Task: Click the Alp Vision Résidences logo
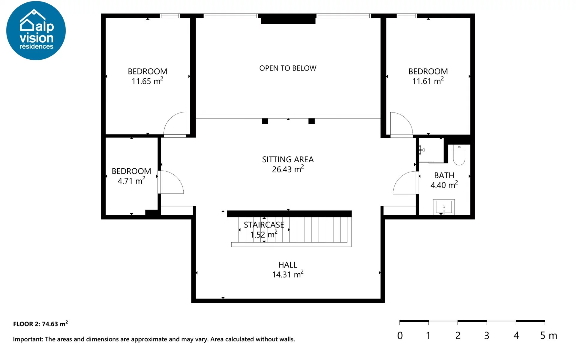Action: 36,30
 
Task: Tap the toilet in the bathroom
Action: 459,155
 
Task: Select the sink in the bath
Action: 444,207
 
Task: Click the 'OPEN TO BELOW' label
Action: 288,68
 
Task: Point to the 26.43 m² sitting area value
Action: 288,169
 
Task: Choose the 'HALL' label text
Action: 288,265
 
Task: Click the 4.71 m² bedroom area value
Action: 131,181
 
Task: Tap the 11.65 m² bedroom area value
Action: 147,81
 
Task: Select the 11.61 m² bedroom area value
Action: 428,81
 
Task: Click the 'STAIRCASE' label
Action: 264,225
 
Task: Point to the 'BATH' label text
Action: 444,175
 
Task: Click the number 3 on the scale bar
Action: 487,335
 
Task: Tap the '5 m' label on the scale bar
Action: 549,335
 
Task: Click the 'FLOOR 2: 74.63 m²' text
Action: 40,324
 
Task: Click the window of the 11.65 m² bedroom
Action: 170,16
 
